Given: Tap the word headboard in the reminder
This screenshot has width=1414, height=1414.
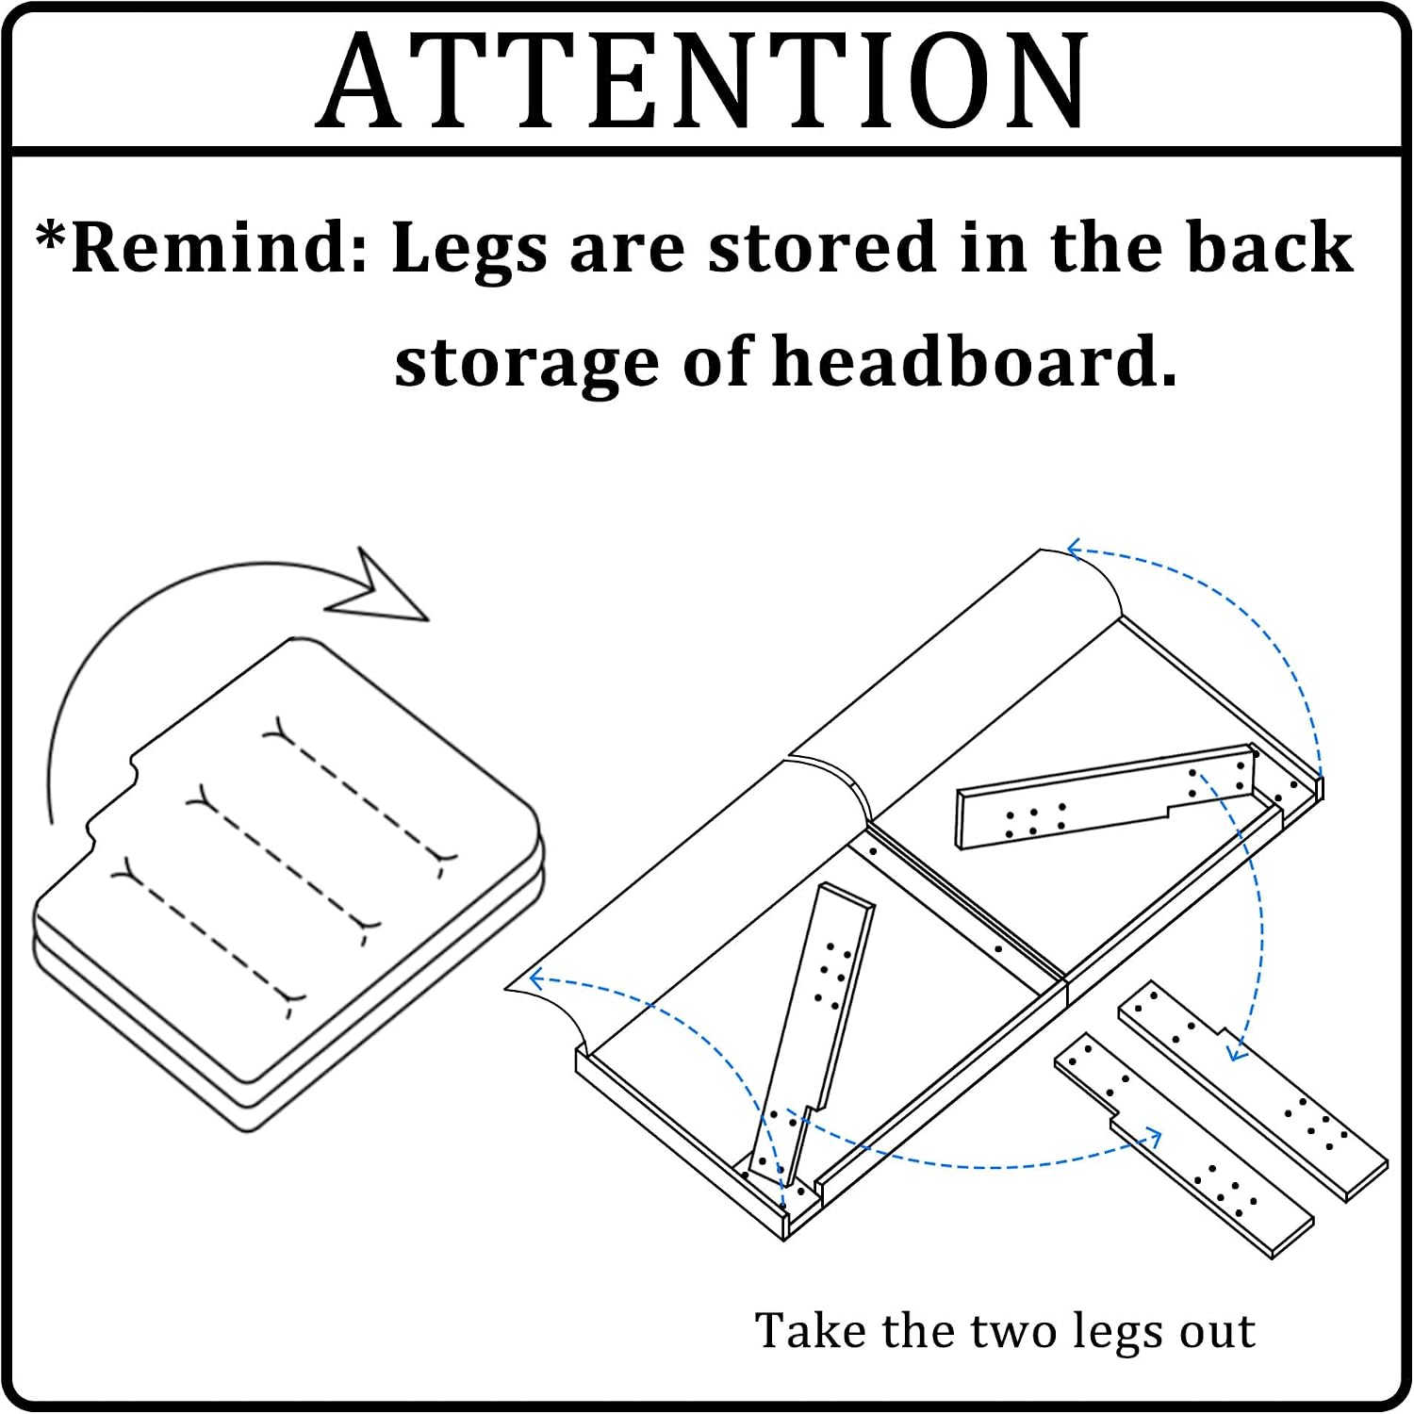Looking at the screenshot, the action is point(975,361).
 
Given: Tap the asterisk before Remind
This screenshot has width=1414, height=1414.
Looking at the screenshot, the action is point(50,237).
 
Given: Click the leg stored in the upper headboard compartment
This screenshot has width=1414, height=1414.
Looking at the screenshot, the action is point(1106,797).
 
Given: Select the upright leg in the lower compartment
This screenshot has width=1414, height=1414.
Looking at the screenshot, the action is point(811,1032).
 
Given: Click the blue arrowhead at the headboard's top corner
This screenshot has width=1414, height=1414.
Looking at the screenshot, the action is point(1075,550).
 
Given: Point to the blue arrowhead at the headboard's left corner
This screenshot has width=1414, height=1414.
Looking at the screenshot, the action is point(537,978).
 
